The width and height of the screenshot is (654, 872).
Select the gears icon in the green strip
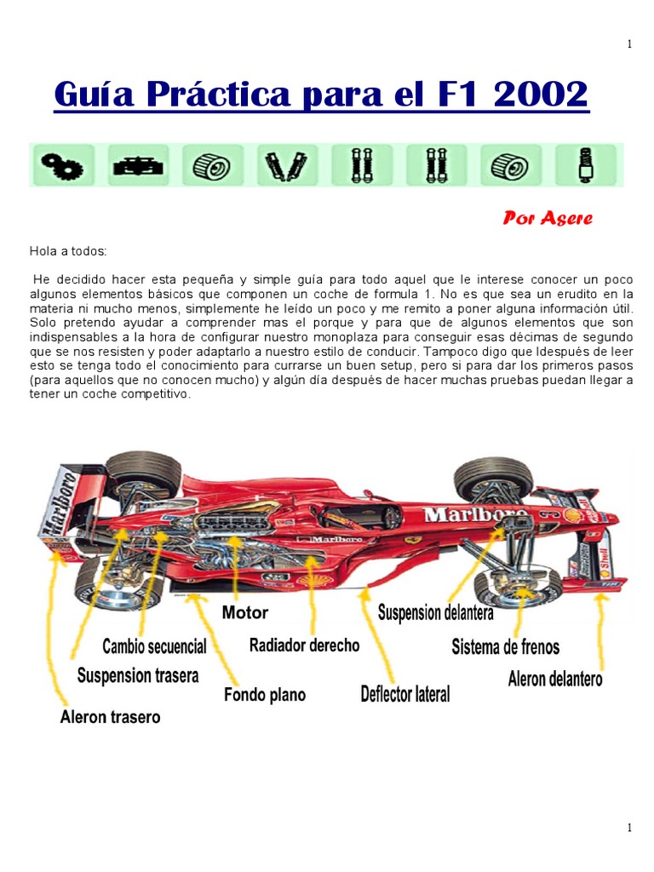(61, 164)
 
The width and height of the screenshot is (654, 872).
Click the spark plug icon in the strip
(586, 164)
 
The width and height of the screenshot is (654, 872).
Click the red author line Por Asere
(548, 219)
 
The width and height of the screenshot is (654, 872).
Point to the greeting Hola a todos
(69, 251)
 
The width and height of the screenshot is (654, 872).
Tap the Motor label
(244, 612)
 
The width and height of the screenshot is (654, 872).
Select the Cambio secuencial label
(154, 646)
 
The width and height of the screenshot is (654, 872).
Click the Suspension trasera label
(138, 676)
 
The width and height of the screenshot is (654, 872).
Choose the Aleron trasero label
(110, 717)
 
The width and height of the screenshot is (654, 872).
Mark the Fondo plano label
(264, 695)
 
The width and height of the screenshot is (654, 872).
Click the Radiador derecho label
(304, 645)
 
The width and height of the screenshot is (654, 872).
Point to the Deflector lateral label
(405, 695)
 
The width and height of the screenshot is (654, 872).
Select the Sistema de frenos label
(505, 647)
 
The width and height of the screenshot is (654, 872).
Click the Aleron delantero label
(555, 680)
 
